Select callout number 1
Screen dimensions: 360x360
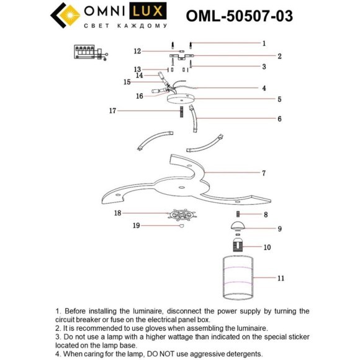[264, 43]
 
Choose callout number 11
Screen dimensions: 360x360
[264, 278]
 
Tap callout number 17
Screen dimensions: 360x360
[112, 110]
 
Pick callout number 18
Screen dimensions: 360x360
[117, 213]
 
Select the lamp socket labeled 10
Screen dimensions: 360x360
[241, 246]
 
